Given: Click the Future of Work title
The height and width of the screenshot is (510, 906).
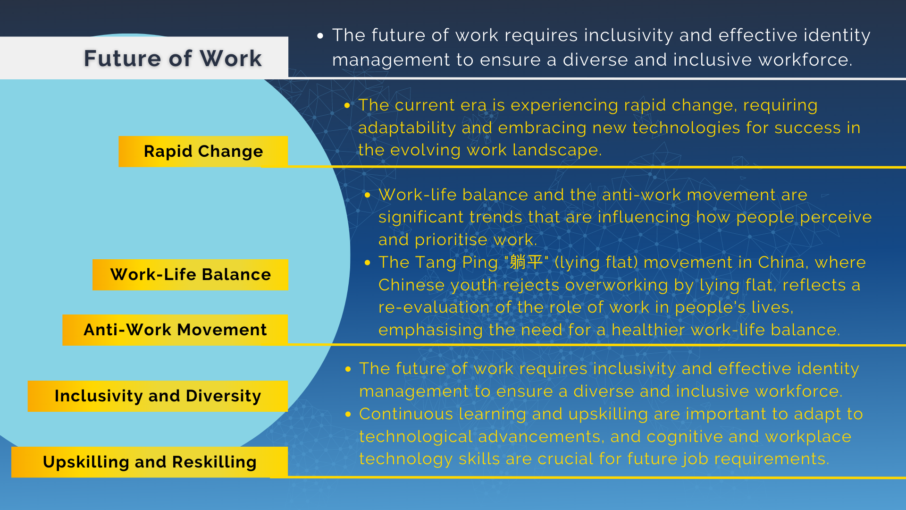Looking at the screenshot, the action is (173, 59).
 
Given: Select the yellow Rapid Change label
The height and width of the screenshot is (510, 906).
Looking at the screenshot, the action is (203, 152).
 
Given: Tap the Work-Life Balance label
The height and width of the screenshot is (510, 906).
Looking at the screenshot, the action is (191, 275).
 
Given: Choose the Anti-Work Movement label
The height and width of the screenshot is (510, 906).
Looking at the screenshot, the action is (175, 330).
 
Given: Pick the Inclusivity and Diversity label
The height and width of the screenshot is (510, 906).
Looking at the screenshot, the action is (158, 396).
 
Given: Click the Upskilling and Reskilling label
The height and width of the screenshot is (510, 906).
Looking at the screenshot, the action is (150, 462).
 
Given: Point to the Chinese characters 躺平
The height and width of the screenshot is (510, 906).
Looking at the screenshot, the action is (526, 262).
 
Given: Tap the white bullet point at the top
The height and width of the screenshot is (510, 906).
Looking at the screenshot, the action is (320, 36).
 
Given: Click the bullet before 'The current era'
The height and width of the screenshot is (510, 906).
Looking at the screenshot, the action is (347, 105).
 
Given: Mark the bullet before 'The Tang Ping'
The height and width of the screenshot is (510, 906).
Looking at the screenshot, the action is (368, 263).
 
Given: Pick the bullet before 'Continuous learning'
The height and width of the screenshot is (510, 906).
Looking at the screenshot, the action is (348, 414).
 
